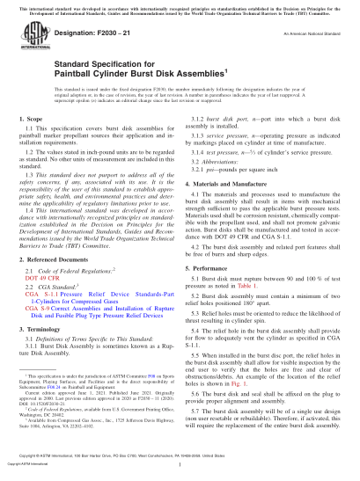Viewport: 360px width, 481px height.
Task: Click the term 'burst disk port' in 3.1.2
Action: (231, 142)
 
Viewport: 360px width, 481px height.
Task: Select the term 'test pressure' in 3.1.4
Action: (227, 179)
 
